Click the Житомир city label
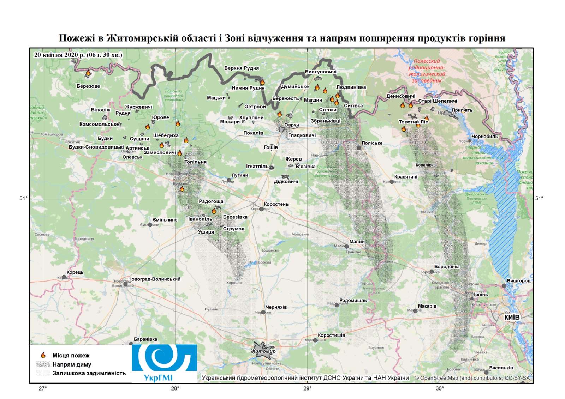(x=263, y=351)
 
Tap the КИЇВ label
(x=512, y=318)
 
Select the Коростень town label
(x=276, y=204)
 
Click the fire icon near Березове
(x=88, y=73)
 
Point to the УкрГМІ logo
(x=165, y=363)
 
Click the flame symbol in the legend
(x=43, y=355)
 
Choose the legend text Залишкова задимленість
(x=89, y=373)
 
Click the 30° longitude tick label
(x=439, y=389)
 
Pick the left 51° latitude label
(x=23, y=198)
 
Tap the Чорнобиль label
(x=484, y=137)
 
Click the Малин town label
(x=357, y=242)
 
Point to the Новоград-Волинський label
(x=154, y=279)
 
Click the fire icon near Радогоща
(x=214, y=211)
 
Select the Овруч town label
(x=291, y=125)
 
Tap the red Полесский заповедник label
(x=427, y=71)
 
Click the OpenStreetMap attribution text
(x=472, y=378)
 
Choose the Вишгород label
(x=518, y=281)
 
